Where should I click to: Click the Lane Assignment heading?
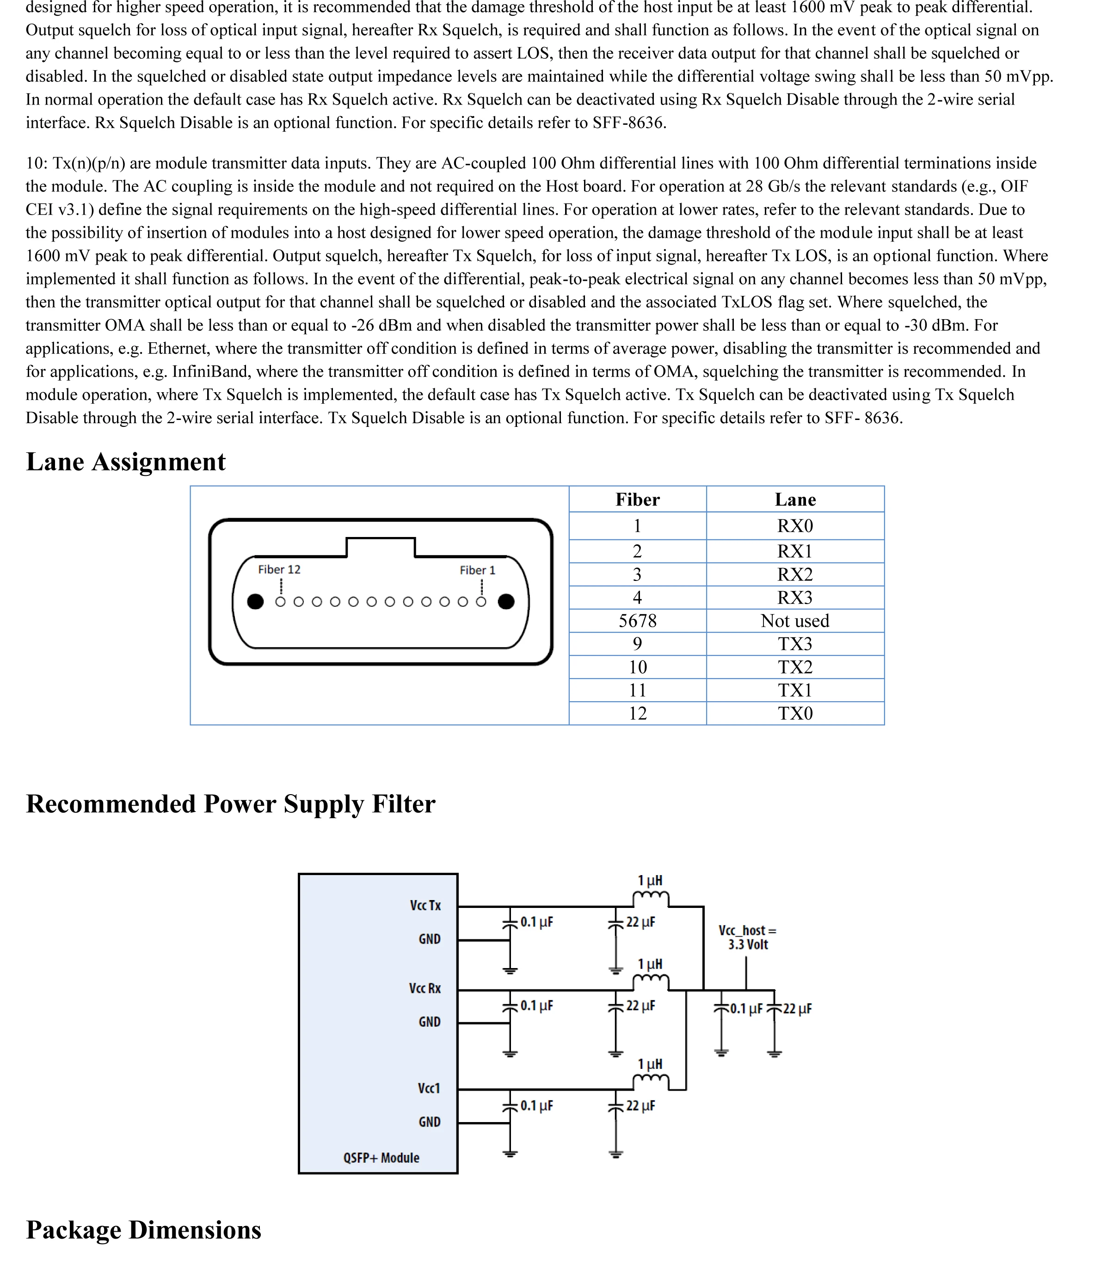(x=126, y=462)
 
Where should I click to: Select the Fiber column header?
(x=637, y=500)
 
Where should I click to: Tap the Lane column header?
(x=795, y=500)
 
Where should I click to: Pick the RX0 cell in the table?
(x=795, y=526)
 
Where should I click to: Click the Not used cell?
(x=795, y=621)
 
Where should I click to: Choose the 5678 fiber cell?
(x=637, y=621)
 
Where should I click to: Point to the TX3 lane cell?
(x=795, y=644)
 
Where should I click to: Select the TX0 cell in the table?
(x=795, y=713)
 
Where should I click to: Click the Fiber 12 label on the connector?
(x=279, y=569)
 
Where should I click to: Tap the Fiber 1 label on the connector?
(x=477, y=570)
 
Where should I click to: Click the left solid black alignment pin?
(x=255, y=602)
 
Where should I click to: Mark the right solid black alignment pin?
(x=506, y=602)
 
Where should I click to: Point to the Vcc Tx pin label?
(x=425, y=906)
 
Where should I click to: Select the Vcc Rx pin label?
(x=424, y=988)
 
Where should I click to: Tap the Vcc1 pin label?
(x=429, y=1088)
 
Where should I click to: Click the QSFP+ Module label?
(x=381, y=1158)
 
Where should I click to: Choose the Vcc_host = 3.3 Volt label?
(x=748, y=938)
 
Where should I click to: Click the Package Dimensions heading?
(x=143, y=1230)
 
